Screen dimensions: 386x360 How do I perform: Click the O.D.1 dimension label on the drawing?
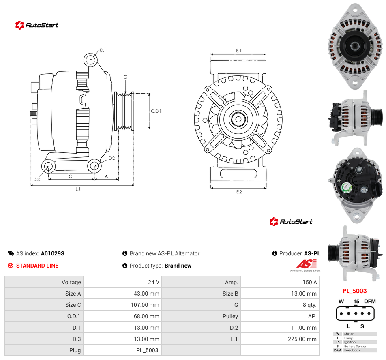[x=156, y=111]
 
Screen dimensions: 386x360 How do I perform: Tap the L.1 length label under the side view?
[x=78, y=189]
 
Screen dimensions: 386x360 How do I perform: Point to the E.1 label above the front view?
[x=238, y=51]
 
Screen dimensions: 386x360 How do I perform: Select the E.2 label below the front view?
[x=239, y=192]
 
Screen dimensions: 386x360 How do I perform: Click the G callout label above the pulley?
[x=125, y=77]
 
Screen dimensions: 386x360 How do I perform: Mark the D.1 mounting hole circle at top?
[x=90, y=60]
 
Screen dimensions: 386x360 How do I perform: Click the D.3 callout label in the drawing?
[x=36, y=180]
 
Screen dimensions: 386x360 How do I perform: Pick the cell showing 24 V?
[x=154, y=282]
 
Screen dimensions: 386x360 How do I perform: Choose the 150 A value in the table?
[x=310, y=282]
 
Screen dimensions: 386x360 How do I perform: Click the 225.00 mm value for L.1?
[x=302, y=339]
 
